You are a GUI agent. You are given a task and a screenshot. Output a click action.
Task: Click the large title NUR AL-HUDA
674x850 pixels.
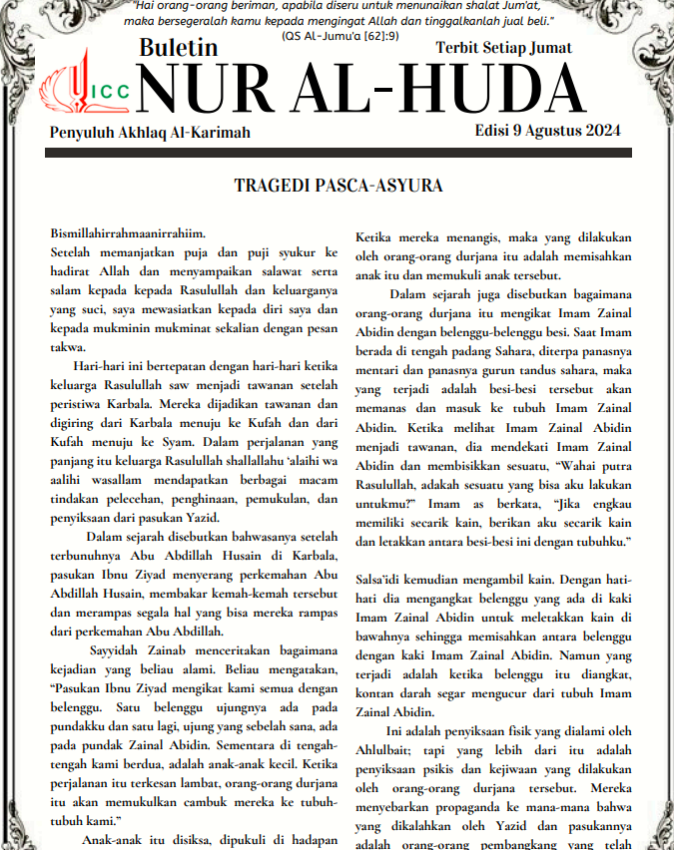(x=359, y=90)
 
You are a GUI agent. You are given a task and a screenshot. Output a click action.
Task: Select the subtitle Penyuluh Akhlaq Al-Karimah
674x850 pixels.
(x=150, y=133)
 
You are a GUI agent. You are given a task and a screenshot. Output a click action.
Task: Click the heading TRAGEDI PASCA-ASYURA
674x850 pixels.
(x=337, y=186)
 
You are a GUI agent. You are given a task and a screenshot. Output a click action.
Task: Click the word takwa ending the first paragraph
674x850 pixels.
(x=66, y=348)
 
